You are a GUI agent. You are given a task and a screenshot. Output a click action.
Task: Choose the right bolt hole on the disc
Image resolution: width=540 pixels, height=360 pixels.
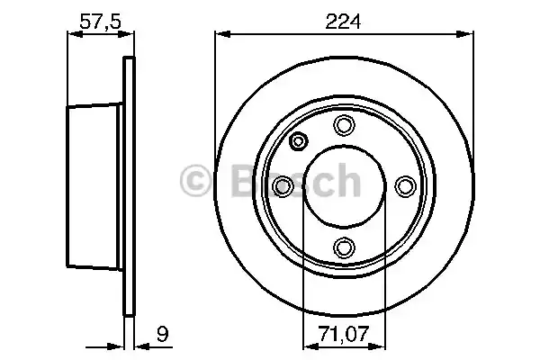click(x=404, y=185)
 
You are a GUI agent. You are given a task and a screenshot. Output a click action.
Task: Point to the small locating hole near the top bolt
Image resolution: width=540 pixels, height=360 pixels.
click(x=299, y=140)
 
